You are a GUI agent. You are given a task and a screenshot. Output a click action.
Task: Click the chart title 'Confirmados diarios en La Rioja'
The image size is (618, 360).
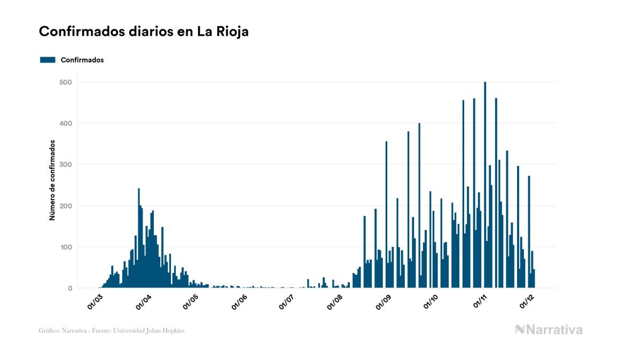[x=144, y=32]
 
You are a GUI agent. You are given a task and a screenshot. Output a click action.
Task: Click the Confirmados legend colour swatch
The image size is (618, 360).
[x=48, y=60]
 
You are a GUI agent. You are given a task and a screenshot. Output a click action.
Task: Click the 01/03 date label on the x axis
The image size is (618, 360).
[x=95, y=302]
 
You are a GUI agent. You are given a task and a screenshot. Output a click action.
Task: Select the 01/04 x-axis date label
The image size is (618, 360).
[x=143, y=302]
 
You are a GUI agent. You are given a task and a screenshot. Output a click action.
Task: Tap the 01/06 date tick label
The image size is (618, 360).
[x=239, y=302]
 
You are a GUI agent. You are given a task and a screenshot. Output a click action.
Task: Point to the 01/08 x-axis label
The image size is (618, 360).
[x=335, y=302]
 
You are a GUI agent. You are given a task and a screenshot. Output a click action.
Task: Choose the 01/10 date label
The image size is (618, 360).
[x=431, y=302]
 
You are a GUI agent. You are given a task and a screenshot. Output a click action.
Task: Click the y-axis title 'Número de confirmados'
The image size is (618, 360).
[x=52, y=181]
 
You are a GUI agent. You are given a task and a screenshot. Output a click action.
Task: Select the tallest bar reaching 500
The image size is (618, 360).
[x=485, y=185]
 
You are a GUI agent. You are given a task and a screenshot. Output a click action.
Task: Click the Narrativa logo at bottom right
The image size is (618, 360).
[x=549, y=330]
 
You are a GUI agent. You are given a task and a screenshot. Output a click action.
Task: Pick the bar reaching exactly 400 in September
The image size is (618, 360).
[x=419, y=206]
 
